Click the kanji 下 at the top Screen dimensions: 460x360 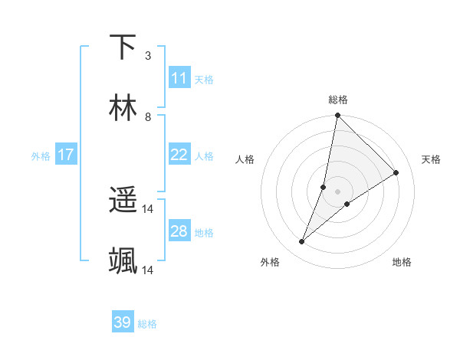pos(123,47)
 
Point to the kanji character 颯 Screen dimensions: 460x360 pos(123,260)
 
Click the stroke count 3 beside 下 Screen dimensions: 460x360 pos(148,56)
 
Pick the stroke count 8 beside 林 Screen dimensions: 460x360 pos(148,117)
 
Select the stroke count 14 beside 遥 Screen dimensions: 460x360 pos(148,208)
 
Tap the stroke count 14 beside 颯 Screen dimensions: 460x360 pos(148,270)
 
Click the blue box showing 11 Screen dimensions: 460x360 pos(179,78)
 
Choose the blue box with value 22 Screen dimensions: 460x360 pos(179,155)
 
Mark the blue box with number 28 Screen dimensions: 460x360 pos(179,231)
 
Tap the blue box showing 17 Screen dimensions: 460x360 pos(66,155)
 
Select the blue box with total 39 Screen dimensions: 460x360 pos(123,322)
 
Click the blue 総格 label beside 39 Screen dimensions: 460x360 pos(147,324)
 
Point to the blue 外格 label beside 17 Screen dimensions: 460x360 pos(41,156)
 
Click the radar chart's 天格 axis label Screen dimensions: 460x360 pos(432,159)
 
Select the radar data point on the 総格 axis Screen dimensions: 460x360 pos(337,116)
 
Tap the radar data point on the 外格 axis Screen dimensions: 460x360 pos(302,242)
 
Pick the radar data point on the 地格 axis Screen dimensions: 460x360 pos(347,203)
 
